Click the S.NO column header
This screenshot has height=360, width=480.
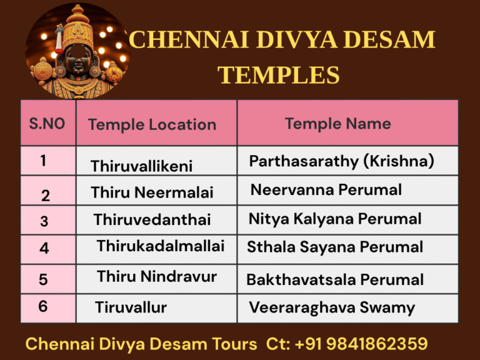click(47, 123)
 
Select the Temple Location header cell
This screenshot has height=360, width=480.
click(152, 124)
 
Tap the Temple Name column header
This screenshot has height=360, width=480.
click(337, 123)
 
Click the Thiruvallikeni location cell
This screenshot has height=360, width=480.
click(141, 166)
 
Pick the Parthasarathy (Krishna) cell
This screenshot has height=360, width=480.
click(341, 161)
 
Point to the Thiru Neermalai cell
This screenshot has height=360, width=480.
click(152, 192)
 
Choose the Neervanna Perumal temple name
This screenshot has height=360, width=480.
click(326, 189)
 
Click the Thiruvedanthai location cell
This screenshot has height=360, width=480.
click(152, 220)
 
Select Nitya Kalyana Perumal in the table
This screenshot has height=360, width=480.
click(334, 219)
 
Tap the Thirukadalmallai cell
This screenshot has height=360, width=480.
click(160, 246)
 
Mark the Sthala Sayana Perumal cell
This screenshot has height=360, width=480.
click(334, 247)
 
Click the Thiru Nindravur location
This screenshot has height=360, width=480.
click(156, 276)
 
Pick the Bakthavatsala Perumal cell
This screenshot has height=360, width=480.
click(334, 279)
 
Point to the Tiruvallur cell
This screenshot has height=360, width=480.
click(131, 307)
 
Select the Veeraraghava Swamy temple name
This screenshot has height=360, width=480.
click(331, 307)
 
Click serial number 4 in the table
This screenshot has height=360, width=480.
click(44, 248)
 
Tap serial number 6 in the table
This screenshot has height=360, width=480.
click(42, 306)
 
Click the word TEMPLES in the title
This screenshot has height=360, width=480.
click(278, 76)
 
